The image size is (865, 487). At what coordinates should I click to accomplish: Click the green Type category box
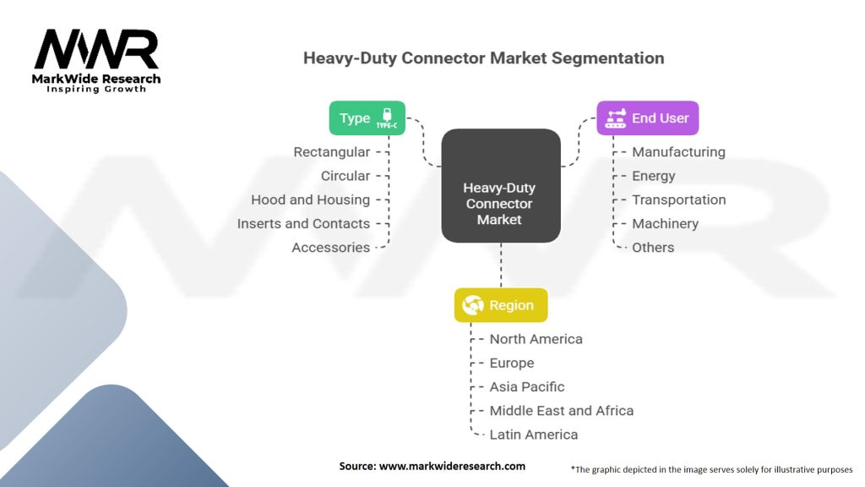[x=367, y=118]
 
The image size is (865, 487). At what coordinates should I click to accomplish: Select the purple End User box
[x=648, y=118]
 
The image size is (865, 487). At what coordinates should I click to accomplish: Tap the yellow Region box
[x=501, y=305]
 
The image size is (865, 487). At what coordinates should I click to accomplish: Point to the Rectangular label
[x=331, y=152]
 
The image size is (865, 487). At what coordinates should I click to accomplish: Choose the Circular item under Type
[x=345, y=176]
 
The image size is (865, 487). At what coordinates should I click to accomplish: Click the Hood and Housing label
[x=310, y=200]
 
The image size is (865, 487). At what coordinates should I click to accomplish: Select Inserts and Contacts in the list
[x=303, y=223]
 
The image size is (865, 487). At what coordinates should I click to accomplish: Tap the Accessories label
[x=330, y=248]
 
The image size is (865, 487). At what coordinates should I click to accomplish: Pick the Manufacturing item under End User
[x=678, y=152]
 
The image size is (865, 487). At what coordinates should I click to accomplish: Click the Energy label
[x=654, y=176]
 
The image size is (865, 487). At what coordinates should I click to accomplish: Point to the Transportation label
[x=679, y=200]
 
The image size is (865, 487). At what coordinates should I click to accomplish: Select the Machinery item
[x=665, y=223]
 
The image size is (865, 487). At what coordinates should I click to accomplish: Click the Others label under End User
[x=653, y=248]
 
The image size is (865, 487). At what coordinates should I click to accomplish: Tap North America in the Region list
[x=536, y=339]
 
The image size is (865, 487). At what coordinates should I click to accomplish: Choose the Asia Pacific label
[x=527, y=386]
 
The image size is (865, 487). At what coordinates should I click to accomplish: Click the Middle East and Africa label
[x=561, y=410]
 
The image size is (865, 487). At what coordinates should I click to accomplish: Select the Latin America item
[x=534, y=435]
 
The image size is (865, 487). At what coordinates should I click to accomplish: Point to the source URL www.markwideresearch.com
[x=453, y=466]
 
